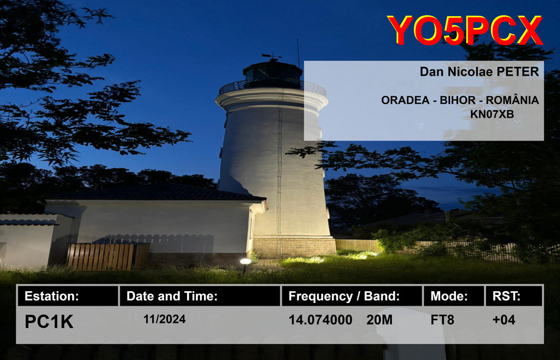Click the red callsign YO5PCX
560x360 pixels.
[465, 30]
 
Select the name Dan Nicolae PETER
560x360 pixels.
[479, 72]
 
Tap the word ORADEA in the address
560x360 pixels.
[405, 100]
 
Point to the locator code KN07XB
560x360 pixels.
[492, 114]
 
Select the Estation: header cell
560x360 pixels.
[68, 296]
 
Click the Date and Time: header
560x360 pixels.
[200, 296]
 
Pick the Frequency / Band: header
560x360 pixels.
[352, 296]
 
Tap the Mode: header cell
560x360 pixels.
[454, 296]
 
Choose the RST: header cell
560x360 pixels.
[514, 296]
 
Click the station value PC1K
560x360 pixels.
[49, 321]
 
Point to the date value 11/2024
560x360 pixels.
[164, 319]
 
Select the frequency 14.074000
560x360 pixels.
[320, 320]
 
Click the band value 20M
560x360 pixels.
[379, 320]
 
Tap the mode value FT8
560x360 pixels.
[442, 320]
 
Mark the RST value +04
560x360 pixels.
[503, 320]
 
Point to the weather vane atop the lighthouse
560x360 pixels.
[272, 56]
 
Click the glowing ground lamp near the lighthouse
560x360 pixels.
[245, 262]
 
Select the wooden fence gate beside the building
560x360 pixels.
[108, 256]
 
